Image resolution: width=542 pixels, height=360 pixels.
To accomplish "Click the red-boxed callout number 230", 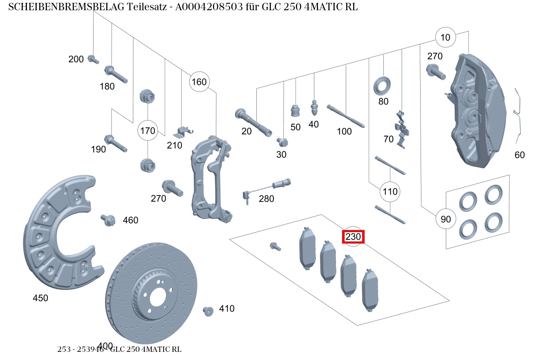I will [353, 237].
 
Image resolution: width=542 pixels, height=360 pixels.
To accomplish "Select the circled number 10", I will [445, 38].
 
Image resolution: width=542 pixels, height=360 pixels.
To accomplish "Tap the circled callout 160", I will [199, 82].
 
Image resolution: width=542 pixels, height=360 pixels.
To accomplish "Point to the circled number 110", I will [390, 191].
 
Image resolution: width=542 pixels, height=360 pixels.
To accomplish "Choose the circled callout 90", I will [446, 219].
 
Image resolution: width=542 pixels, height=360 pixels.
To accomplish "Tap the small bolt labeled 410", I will [208, 311].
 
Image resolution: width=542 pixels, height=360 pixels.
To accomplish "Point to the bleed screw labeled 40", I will [314, 108].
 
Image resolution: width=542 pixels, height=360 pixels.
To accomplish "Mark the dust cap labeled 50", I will [295, 110].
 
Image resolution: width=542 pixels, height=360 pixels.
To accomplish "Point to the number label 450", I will [40, 298].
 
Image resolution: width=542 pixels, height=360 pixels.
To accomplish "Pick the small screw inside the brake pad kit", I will [275, 246].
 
